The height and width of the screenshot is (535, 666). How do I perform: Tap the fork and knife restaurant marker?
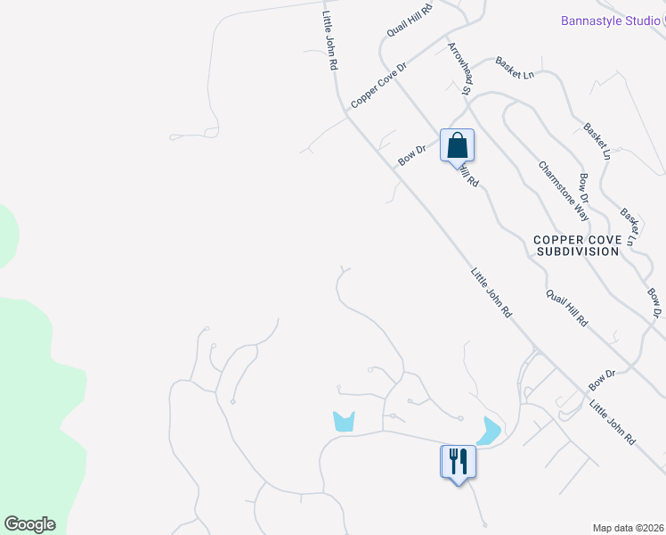[x=459, y=462]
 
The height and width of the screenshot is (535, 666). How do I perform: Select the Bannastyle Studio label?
[x=610, y=20]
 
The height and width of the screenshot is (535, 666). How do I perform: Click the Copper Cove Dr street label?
[x=378, y=86]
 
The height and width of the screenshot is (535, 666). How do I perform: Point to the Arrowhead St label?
[x=459, y=68]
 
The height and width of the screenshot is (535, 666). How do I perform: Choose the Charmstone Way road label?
[x=563, y=190]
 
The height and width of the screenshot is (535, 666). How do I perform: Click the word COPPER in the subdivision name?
[x=558, y=239]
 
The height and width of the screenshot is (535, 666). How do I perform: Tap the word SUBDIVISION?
[x=578, y=251]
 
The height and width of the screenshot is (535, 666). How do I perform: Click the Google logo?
[x=29, y=524]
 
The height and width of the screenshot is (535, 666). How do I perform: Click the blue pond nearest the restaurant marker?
[x=488, y=432]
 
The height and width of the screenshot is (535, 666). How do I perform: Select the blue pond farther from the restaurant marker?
[x=343, y=421]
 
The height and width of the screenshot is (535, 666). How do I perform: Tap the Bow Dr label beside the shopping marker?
[x=412, y=156]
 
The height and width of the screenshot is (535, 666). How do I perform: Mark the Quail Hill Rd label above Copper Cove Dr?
[x=409, y=20]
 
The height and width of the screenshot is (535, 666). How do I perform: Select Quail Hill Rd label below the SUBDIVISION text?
[x=567, y=307]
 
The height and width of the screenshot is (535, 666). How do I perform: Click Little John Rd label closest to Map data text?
[x=612, y=422]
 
